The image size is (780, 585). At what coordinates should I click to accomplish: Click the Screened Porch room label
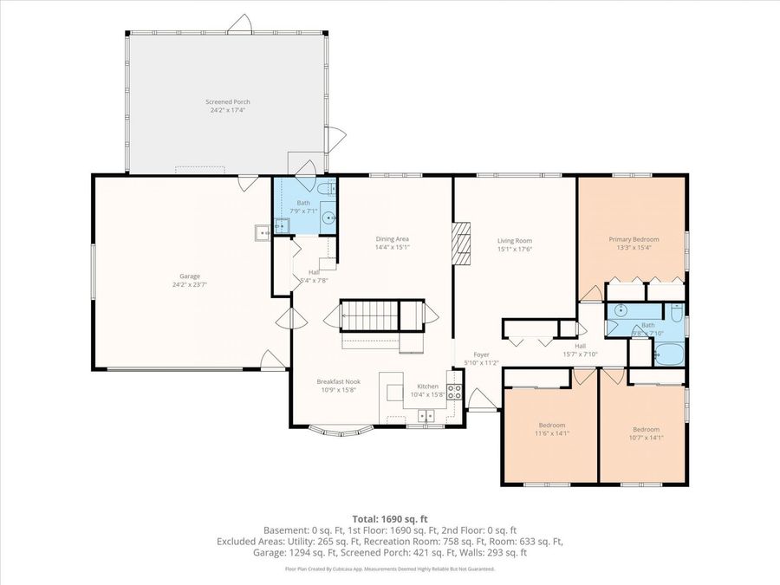pos(229,101)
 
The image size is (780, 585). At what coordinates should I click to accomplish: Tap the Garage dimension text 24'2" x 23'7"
pos(190,284)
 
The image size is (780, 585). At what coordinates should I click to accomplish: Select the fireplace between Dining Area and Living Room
pos(462,242)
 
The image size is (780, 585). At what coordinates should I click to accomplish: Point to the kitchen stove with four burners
pos(454,391)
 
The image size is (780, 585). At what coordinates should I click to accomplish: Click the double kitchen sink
pos(425,417)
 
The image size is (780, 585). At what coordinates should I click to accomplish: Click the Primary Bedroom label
pos(634,239)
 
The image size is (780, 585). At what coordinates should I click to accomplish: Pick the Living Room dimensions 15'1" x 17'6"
pos(514,250)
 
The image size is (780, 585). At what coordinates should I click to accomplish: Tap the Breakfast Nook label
pos(338,382)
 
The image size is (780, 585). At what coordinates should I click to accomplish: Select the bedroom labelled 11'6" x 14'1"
pos(551,429)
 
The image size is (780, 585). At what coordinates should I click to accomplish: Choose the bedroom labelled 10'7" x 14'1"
pos(645,433)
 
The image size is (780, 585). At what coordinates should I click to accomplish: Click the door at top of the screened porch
pos(240,26)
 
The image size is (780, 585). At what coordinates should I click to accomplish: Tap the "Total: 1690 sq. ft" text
pos(389,519)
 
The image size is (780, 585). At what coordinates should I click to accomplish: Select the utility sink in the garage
pos(262,231)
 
